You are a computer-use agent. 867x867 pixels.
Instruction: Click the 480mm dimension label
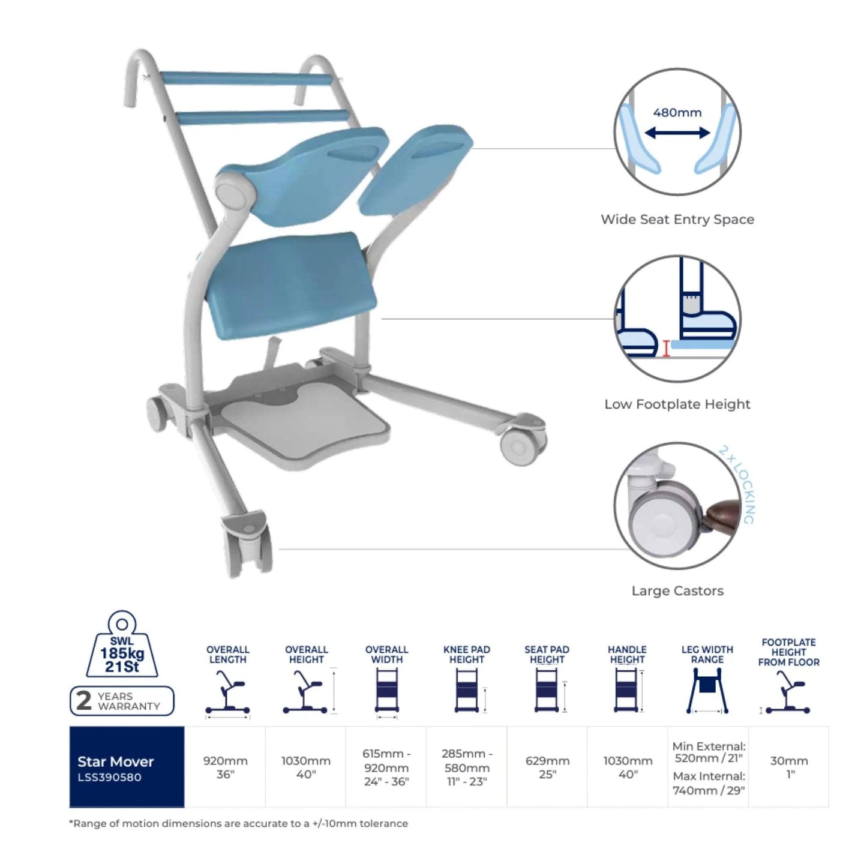coord(677,112)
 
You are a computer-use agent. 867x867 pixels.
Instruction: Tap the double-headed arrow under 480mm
coord(677,133)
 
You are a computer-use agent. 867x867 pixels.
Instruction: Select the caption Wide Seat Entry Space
coord(677,220)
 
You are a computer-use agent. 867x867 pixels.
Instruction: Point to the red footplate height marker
coord(666,348)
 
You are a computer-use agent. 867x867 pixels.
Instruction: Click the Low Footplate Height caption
coord(677,404)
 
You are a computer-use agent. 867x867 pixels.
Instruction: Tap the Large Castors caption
coord(677,591)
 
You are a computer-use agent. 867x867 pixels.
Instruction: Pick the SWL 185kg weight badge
coord(122,644)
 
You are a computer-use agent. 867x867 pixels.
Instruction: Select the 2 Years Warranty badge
coord(122,701)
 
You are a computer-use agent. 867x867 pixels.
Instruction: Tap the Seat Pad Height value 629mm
coord(547,767)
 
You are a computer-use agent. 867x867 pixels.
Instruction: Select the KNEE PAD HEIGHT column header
coord(467,655)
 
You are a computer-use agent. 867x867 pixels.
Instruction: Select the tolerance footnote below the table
coord(238,823)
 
